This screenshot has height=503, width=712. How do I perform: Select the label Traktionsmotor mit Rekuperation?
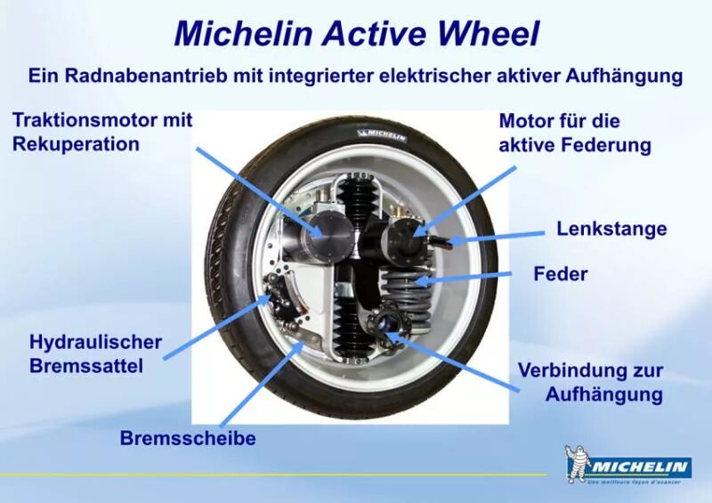(101, 132)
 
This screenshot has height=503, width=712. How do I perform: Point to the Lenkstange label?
(611, 229)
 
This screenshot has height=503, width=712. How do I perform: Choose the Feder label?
(560, 273)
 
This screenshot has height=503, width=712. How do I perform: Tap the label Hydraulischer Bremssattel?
(95, 353)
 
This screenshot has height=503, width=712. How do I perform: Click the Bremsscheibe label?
(188, 438)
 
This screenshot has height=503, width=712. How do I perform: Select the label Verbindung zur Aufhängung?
(590, 382)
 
